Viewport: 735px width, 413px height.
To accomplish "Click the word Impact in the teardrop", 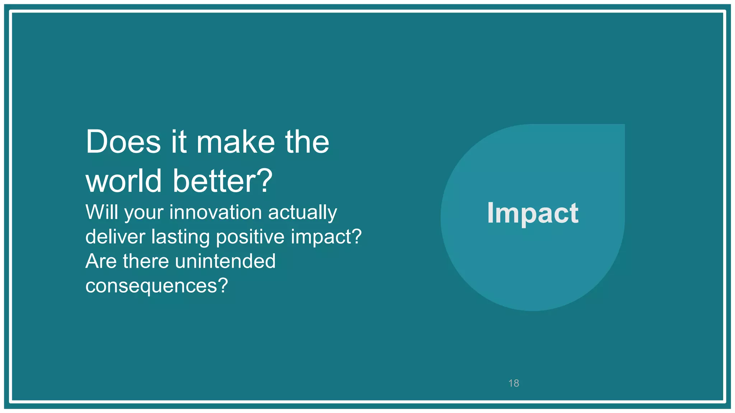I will tap(533, 213).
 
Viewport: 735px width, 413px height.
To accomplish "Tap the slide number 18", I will tap(514, 383).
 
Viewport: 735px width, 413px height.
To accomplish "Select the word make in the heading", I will tap(235, 142).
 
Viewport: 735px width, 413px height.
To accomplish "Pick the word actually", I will tap(303, 213).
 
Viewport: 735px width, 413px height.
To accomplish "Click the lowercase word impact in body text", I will tap(321, 237).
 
